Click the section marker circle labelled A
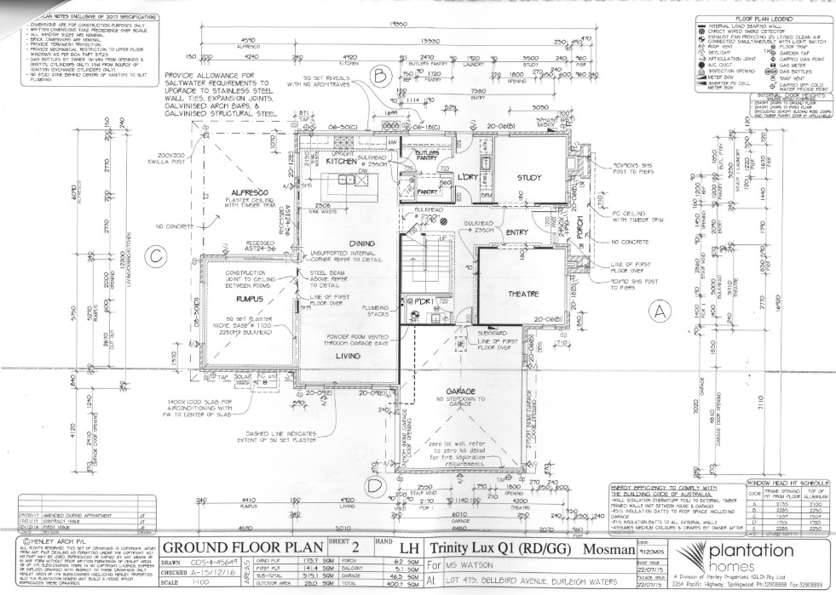tap(658, 312)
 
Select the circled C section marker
tap(154, 255)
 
